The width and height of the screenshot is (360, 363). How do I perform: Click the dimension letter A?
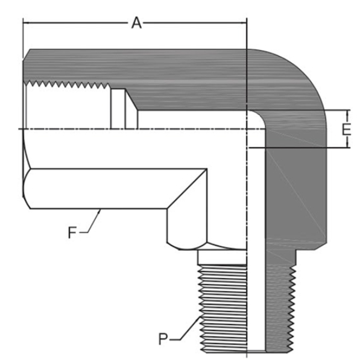click(136, 23)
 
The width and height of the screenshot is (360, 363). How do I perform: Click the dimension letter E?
click(346, 130)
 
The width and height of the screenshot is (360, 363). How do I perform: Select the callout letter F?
click(72, 232)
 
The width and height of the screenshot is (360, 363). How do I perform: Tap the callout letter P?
click(163, 339)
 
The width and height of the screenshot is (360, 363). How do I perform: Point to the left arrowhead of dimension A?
click(25, 23)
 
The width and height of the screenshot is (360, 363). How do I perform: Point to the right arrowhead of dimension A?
click(244, 23)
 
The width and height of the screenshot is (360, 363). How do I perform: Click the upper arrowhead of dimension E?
click(347, 112)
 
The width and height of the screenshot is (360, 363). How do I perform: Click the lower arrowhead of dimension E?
click(347, 145)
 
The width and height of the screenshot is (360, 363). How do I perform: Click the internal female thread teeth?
click(67, 84)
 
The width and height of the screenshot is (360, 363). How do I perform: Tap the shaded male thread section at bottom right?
click(281, 308)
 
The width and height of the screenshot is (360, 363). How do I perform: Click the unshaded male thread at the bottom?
click(223, 308)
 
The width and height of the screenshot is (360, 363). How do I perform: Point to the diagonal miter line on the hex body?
click(187, 189)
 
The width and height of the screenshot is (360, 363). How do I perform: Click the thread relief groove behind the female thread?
click(118, 109)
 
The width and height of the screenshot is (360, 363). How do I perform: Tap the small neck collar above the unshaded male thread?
click(223, 257)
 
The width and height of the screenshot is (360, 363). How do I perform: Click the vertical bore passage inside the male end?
click(256, 250)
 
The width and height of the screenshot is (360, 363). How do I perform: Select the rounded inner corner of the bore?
click(258, 118)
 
